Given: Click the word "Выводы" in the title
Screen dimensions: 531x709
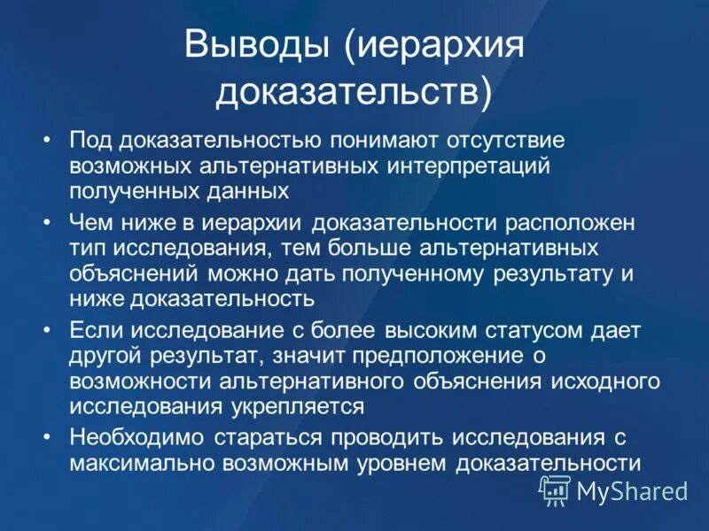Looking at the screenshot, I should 257,45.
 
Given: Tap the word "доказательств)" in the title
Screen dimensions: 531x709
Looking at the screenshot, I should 354,92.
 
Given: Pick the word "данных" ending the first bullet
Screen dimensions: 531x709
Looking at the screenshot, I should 258,189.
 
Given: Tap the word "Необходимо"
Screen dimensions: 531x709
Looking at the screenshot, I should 128,438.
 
